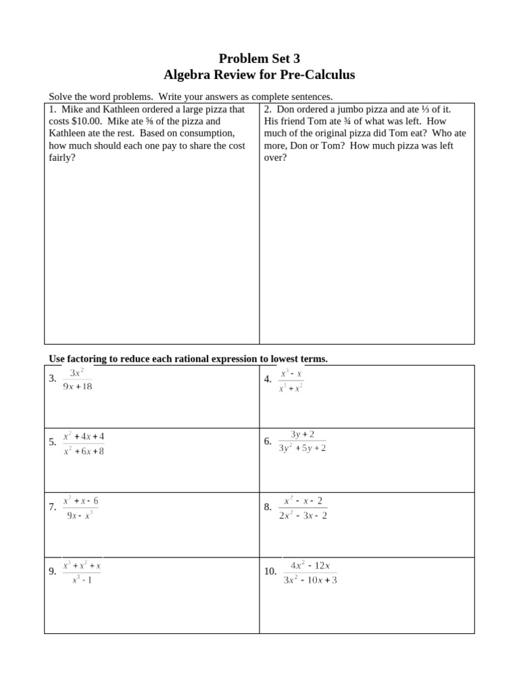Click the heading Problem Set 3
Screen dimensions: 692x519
pos(259,58)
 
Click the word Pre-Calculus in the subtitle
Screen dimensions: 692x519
pos(318,74)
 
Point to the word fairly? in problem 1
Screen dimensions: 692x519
pos(62,157)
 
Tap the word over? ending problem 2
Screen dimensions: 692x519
pos(275,157)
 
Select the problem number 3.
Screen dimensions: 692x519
pos(53,378)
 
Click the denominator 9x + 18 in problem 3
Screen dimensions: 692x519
pos(78,387)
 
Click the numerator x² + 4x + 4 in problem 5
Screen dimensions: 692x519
pos(84,437)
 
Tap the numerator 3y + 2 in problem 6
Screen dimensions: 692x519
pos(302,434)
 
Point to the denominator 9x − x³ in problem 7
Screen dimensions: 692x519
pos(80,515)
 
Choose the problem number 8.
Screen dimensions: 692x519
pos(268,507)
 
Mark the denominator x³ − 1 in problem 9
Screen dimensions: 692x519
pos(82,579)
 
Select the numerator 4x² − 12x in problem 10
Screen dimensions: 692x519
pos(310,565)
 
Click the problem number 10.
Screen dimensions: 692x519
pos(270,571)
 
